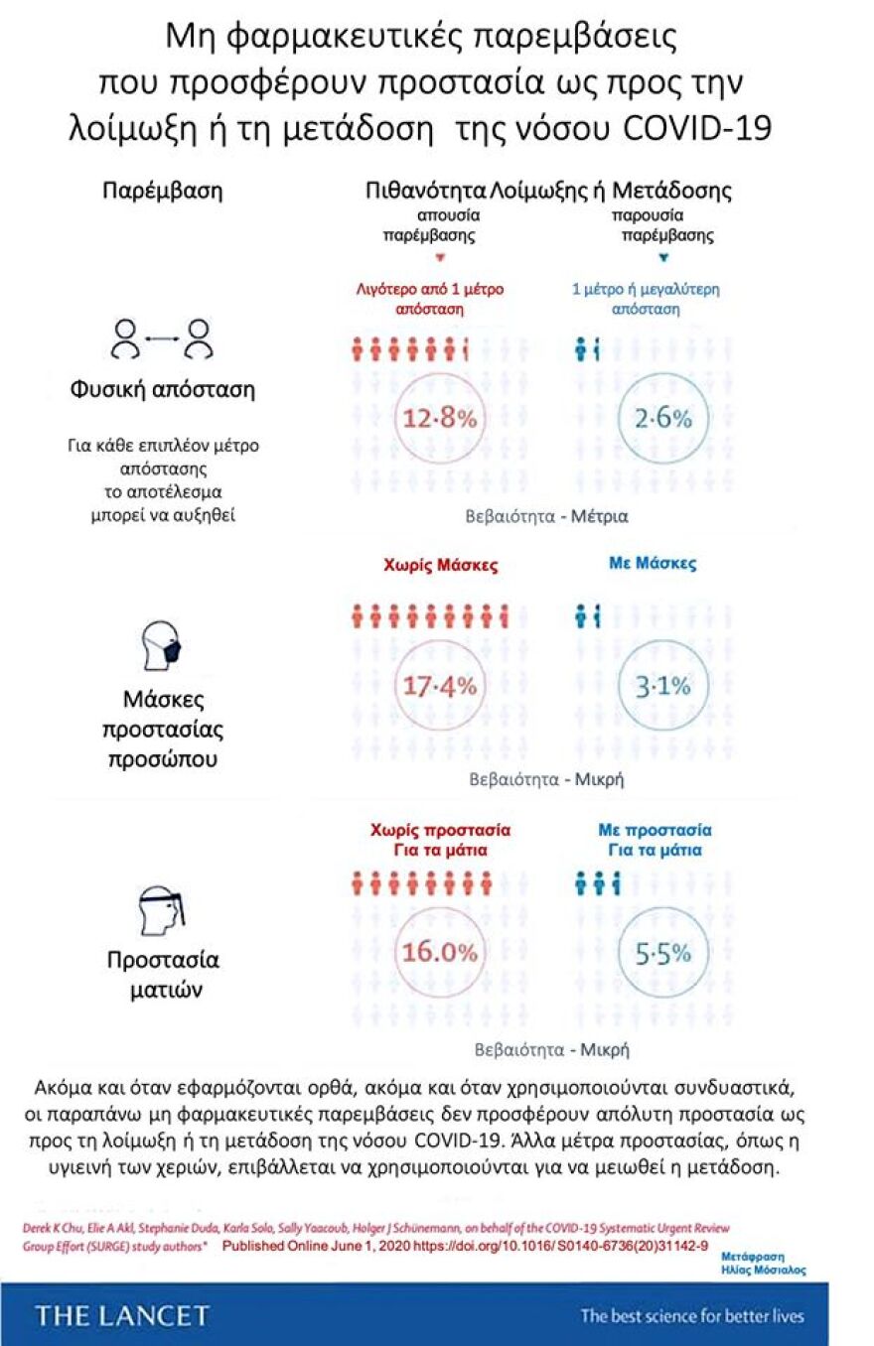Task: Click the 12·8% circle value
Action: coord(440,419)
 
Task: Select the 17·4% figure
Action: coord(440,685)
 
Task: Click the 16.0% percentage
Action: coord(440,952)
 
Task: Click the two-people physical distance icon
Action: coord(162,338)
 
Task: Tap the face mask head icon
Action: coord(162,645)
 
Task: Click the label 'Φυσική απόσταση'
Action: coord(162,389)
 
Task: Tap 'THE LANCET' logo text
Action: coord(123,1316)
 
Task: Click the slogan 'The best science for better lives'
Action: coord(692,1316)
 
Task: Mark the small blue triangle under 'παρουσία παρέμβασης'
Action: coord(663,257)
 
